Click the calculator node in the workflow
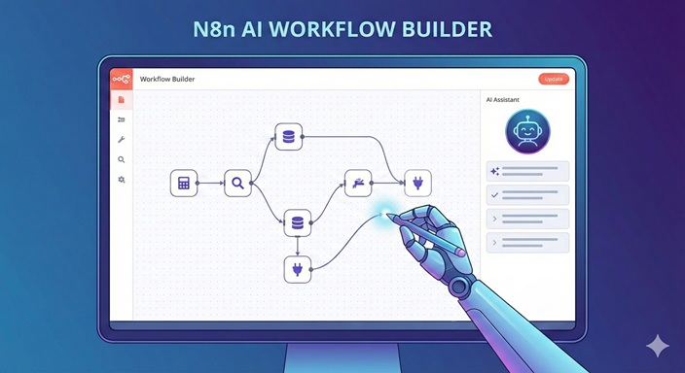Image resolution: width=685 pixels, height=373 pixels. pos(183,183)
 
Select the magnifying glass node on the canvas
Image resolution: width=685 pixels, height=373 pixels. pos(238,183)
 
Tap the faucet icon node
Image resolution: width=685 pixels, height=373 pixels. pos(359,183)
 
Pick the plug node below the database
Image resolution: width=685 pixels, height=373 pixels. pos(297,269)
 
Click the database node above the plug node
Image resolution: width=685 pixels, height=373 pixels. pos(297,222)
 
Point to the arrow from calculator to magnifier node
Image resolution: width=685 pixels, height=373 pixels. pos(210,183)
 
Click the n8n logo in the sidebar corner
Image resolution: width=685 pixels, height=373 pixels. pos(121,79)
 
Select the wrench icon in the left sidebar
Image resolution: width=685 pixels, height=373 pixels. pos(121,140)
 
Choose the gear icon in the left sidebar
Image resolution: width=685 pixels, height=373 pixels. pos(121,180)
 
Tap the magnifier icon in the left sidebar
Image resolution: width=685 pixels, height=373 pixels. pos(121,159)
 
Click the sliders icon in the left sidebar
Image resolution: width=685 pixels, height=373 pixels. pos(121,119)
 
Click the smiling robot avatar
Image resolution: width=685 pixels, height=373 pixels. pos(527,131)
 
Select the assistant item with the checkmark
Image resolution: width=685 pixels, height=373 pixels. pos(527,194)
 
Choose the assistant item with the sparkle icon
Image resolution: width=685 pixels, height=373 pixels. pos(527,171)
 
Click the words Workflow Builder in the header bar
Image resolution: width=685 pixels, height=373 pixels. pos(167,79)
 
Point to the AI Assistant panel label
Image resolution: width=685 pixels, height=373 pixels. pos(504,100)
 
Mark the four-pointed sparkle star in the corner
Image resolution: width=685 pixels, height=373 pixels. pos(658,346)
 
